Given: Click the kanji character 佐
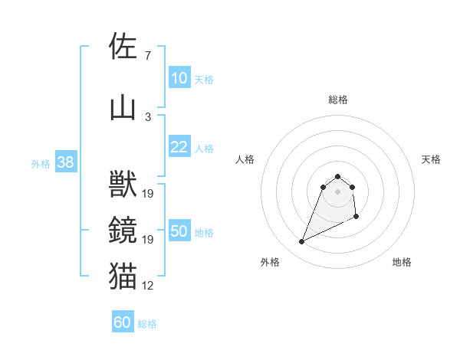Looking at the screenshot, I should pyautogui.click(x=123, y=46).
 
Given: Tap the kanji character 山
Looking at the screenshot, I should pyautogui.click(x=123, y=108).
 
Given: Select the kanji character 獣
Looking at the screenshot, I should pyautogui.click(x=123, y=185).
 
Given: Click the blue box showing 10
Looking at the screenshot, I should pyautogui.click(x=179, y=78).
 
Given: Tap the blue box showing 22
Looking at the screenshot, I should pyautogui.click(x=179, y=148).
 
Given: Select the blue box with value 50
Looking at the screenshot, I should pyautogui.click(x=179, y=232).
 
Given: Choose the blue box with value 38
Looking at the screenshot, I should pyautogui.click(x=65, y=162).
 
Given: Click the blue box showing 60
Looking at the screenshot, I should pyautogui.click(x=123, y=323).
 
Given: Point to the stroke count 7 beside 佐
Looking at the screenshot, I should pyautogui.click(x=147, y=56).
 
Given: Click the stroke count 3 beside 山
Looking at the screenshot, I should pyautogui.click(x=147, y=117).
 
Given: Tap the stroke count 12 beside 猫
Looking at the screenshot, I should pyautogui.click(x=148, y=286).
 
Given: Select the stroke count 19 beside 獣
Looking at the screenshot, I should pyautogui.click(x=148, y=194).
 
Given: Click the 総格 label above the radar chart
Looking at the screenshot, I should pyautogui.click(x=338, y=100).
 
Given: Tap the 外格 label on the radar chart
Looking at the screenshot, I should pyautogui.click(x=270, y=262).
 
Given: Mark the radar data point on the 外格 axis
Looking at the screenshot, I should pyautogui.click(x=301, y=242).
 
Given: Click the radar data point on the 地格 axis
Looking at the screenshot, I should pyautogui.click(x=357, y=218).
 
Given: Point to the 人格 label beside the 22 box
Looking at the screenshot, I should pyautogui.click(x=204, y=149).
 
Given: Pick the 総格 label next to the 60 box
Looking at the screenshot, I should pyautogui.click(x=147, y=324).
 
